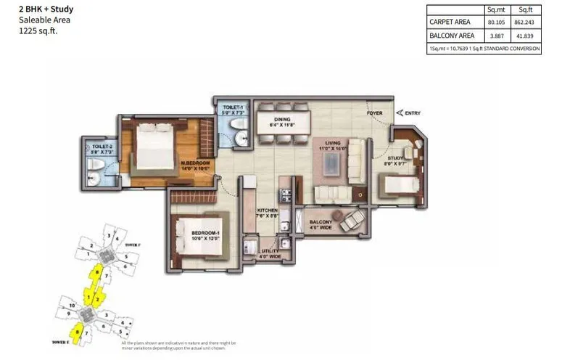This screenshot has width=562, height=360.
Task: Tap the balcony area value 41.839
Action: [526, 36]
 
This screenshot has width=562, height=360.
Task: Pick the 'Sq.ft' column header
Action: [526, 10]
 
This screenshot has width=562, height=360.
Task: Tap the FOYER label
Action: [373, 113]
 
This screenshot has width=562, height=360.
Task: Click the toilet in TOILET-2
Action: [94, 172]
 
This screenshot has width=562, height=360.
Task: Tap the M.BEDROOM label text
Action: [195, 163]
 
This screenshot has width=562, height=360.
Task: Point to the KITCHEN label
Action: [267, 210]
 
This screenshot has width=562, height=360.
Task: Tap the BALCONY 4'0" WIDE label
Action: [321, 225]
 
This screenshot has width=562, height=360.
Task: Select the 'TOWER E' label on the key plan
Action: [62, 340]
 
